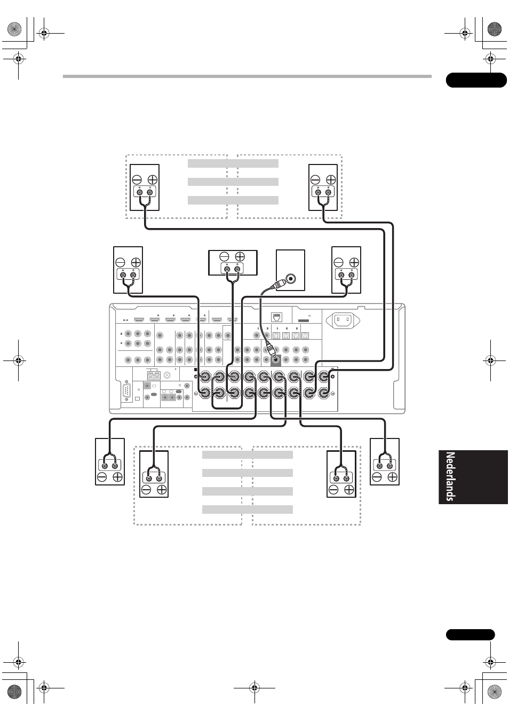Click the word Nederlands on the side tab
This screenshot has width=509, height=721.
coord(450,477)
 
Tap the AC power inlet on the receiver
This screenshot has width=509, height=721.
coord(343,320)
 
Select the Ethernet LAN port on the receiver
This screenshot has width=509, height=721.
coord(277,317)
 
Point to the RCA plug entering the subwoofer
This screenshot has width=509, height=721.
coord(278,284)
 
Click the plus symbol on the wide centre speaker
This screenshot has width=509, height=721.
coord(240,256)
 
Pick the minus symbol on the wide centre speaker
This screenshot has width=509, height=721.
coord(224,256)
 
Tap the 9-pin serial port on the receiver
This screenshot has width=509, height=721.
coord(126,391)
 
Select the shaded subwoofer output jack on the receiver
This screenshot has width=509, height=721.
coord(276,360)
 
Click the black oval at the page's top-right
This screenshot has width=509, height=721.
coord(476,80)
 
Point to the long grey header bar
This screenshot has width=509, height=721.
coord(247,76)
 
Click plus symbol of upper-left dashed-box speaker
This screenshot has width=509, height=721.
coord(153,179)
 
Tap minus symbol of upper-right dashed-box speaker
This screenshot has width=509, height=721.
coord(315,179)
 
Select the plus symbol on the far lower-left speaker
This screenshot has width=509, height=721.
coord(118,477)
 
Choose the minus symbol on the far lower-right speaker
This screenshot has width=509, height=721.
coord(377,477)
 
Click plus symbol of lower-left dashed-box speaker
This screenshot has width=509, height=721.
coord(162,490)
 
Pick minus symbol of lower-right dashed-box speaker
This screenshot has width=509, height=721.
coord(333,490)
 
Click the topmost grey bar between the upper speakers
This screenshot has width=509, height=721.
coord(233,163)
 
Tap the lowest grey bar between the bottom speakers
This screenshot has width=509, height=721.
coord(247,510)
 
